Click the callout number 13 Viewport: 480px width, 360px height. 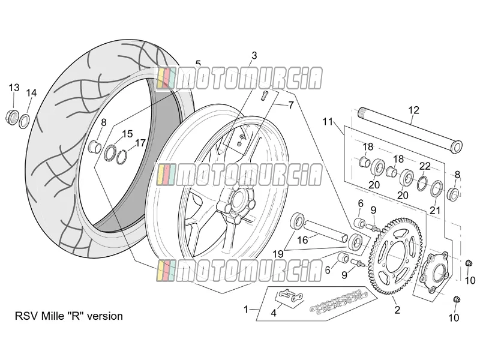coord(14,88)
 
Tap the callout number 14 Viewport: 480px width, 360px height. coord(31,92)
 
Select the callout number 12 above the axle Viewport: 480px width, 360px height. coord(413,110)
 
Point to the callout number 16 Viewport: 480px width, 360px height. coord(302,240)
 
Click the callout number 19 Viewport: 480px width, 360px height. coord(278,254)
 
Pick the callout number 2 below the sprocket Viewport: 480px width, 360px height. coord(397,310)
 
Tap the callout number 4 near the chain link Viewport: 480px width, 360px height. coord(274,313)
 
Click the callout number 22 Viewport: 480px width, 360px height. coord(425,166)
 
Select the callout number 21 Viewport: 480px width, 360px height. coord(434,211)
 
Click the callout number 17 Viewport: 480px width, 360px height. coord(140,143)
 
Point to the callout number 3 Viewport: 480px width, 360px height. coord(254,56)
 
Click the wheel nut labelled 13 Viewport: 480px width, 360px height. coord(11,116)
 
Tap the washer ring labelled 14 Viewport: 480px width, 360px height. coord(25,122)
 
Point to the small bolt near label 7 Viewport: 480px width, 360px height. coord(264,95)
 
